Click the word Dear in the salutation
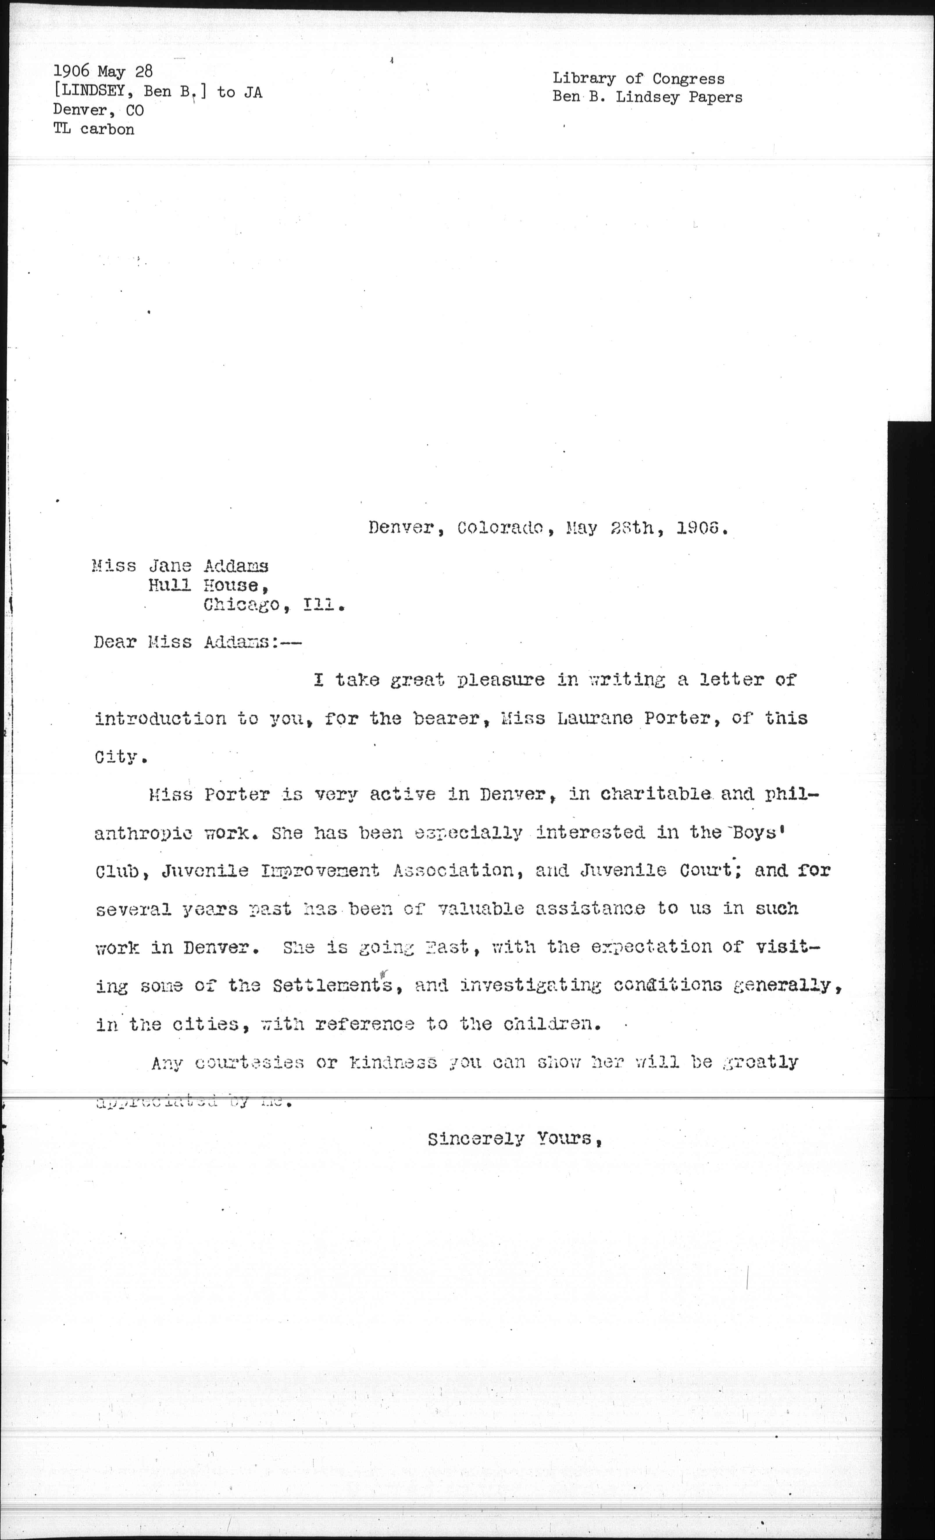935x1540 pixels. [x=115, y=643]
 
